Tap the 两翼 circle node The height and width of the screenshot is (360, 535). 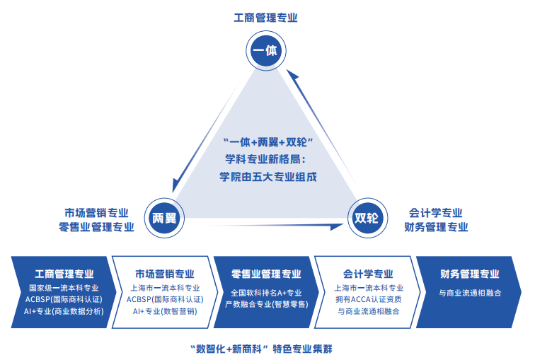tap(165, 218)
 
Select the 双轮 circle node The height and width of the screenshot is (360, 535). tap(367, 218)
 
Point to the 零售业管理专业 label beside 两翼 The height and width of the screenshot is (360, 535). tap(96, 227)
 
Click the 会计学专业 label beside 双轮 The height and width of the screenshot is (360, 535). tap(436, 212)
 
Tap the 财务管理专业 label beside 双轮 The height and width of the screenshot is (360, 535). tap(436, 227)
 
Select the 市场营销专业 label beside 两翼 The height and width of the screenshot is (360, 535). tap(96, 212)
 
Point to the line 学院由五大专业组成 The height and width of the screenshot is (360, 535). tap(267, 176)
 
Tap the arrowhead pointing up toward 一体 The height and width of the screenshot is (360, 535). tap(289, 74)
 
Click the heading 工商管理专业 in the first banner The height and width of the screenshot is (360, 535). tap(64, 274)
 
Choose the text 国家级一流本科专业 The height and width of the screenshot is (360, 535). tap(64, 288)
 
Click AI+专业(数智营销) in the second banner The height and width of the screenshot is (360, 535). tap(165, 311)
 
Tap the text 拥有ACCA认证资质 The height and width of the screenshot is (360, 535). tap(368, 300)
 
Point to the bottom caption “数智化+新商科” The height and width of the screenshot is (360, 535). tap(231, 349)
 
